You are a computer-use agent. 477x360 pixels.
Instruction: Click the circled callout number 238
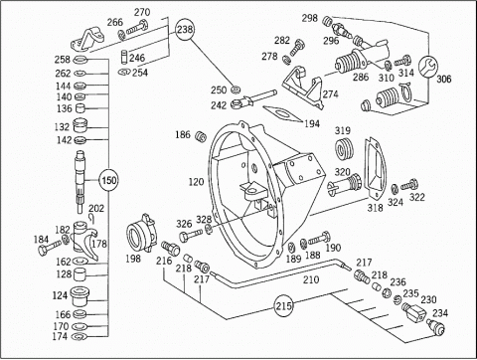click(x=185, y=29)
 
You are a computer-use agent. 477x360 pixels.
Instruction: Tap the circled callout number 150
click(x=109, y=180)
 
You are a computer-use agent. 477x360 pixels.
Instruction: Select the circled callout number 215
click(x=285, y=305)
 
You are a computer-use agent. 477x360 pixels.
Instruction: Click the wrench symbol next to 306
click(x=427, y=67)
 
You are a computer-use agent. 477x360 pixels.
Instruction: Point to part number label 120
click(x=196, y=182)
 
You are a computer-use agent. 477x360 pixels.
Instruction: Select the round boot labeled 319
click(x=345, y=149)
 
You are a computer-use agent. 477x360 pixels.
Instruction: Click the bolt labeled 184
click(x=50, y=248)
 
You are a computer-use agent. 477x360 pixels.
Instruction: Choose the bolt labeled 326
click(x=191, y=235)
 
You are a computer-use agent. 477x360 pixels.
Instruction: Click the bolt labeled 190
click(x=319, y=239)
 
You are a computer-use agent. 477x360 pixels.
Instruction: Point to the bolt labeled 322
click(x=409, y=185)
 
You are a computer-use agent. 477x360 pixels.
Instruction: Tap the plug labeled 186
click(x=201, y=136)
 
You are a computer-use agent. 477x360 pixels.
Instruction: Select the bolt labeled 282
click(x=297, y=47)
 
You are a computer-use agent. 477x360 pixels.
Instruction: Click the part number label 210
click(x=311, y=279)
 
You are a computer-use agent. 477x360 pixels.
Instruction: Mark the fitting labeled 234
click(x=436, y=326)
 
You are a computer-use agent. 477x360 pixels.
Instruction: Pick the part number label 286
click(x=361, y=77)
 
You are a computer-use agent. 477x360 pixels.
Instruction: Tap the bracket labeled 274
click(x=303, y=87)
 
